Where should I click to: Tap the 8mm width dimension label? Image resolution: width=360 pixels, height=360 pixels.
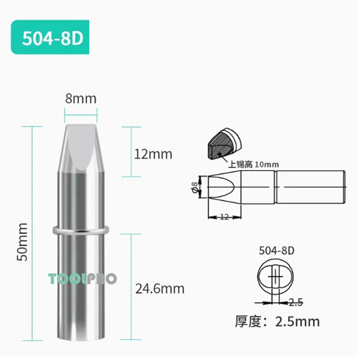[x=81, y=98]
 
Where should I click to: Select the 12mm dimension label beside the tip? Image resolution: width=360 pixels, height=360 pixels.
[x=153, y=154]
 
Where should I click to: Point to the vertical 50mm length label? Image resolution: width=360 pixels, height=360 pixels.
[x=22, y=242]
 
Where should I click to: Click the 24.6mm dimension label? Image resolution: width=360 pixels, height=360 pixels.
[x=159, y=288]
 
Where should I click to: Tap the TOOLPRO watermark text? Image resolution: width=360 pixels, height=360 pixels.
[x=82, y=278]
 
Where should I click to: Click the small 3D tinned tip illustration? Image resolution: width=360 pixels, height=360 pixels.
[x=225, y=144]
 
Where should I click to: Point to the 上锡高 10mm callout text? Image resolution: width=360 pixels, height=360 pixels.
[x=254, y=165]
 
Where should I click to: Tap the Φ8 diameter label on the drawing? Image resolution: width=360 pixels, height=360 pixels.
[x=195, y=187]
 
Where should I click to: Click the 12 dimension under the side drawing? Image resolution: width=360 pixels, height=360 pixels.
[x=224, y=217]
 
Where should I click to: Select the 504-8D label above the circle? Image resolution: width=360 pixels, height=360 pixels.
[x=276, y=251]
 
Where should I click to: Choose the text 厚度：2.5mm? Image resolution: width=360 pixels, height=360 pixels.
[x=277, y=321]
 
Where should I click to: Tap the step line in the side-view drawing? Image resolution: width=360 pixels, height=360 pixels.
[x=275, y=187]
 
